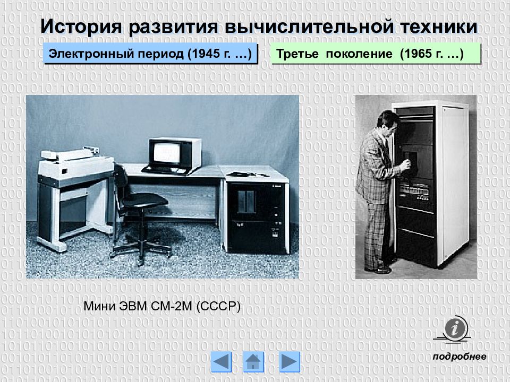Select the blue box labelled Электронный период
pyautogui.click(x=150, y=54)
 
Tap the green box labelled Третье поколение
pyautogui.click(x=375, y=54)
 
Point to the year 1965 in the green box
pyautogui.click(x=419, y=54)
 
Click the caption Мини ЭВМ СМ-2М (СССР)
pyautogui.click(x=163, y=307)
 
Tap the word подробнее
pyautogui.click(x=460, y=357)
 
